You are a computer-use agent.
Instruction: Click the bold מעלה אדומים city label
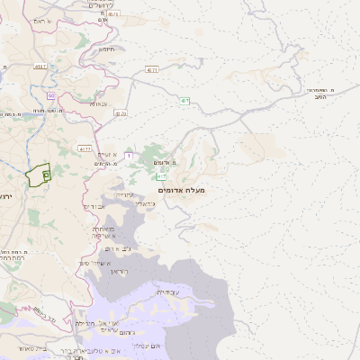[x=181, y=190]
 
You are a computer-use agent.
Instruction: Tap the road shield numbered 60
[x=51, y=95]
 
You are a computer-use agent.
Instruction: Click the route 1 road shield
[x=128, y=157]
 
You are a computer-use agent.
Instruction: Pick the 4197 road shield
[x=153, y=68]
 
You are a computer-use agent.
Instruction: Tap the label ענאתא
[x=99, y=103]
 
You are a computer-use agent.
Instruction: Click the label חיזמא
[x=106, y=49]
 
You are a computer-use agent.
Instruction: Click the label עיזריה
[x=124, y=193]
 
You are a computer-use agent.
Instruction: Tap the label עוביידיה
[x=168, y=292]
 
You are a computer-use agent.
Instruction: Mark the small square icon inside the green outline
[x=46, y=174]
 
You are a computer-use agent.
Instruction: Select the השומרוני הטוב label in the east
[x=320, y=95]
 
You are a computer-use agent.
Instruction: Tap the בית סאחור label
[x=24, y=348]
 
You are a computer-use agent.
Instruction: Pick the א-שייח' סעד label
[x=93, y=263]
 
